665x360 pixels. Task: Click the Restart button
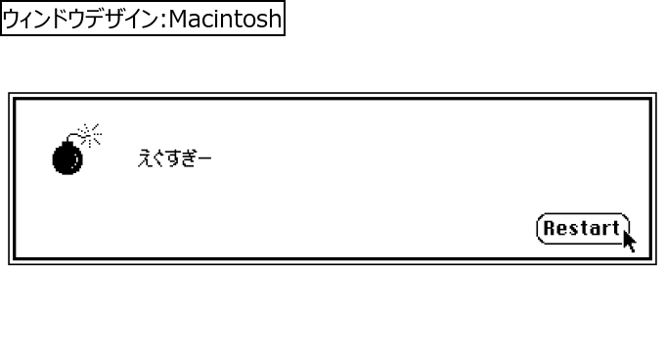[x=582, y=229]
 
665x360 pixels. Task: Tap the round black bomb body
[x=66, y=158]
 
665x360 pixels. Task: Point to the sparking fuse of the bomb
[x=90, y=133]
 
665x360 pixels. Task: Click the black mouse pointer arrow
[x=628, y=239]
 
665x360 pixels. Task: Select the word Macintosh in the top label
[x=226, y=19]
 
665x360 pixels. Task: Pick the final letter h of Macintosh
[x=274, y=19]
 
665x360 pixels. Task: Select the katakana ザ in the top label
[x=102, y=19]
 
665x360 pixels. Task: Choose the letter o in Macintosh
[x=248, y=21]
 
